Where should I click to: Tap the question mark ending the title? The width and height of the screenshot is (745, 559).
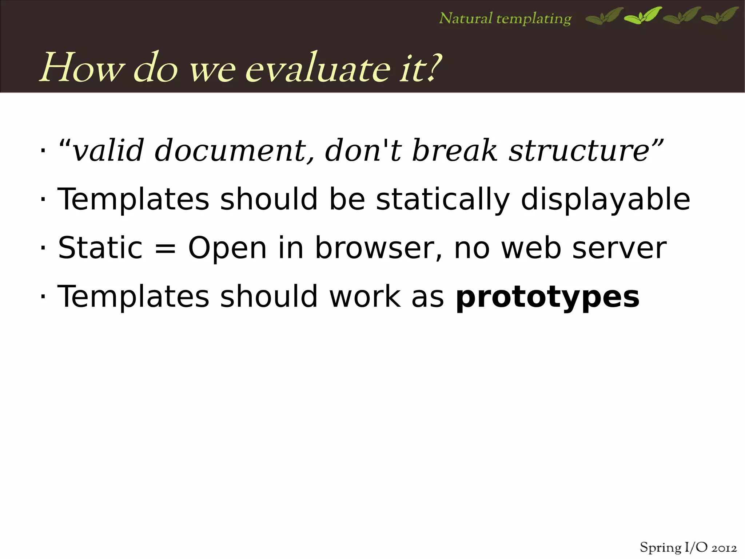tap(433, 67)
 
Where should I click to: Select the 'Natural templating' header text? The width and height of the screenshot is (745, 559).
tap(505, 19)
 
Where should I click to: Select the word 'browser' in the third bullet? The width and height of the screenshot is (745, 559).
tap(379, 248)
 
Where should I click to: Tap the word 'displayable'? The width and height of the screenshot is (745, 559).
tap(605, 200)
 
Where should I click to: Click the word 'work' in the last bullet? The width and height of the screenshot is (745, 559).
tap(365, 297)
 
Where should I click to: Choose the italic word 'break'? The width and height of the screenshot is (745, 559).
tap(454, 151)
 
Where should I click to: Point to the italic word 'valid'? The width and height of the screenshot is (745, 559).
tap(108, 151)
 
